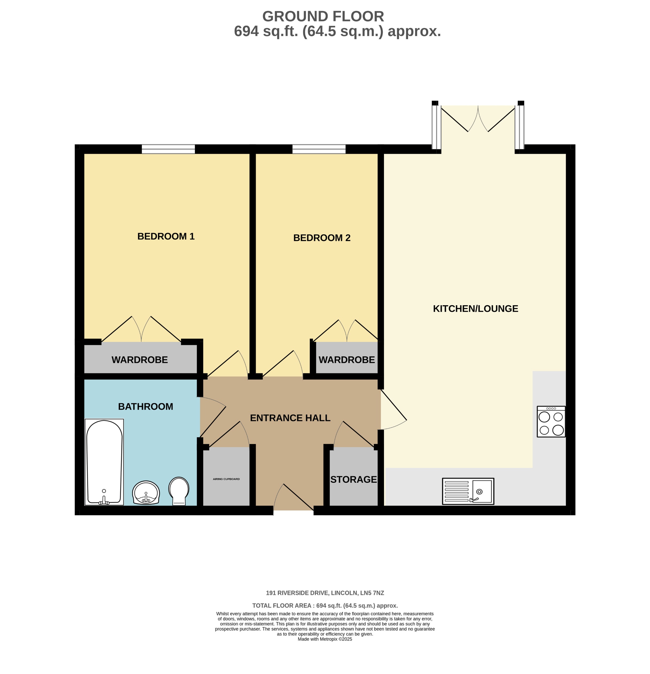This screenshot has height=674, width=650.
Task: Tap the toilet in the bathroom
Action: coord(178,491)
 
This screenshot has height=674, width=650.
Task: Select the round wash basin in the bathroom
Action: coord(146,492)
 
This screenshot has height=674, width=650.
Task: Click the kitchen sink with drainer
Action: coord(467,491)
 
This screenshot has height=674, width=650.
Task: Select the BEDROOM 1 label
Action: coord(166,236)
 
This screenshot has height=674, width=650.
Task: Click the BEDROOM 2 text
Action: coord(321,238)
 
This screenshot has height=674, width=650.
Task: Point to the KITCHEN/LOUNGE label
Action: coord(475,308)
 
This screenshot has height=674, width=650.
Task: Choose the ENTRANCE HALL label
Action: coord(290,418)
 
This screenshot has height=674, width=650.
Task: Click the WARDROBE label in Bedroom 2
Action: coord(347,360)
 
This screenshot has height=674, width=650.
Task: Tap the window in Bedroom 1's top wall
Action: coord(168,149)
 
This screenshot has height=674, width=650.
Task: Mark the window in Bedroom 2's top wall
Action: coord(319,149)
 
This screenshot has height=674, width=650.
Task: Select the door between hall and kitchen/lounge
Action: coord(392,409)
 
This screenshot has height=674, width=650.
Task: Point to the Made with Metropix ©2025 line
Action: coord(325,639)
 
